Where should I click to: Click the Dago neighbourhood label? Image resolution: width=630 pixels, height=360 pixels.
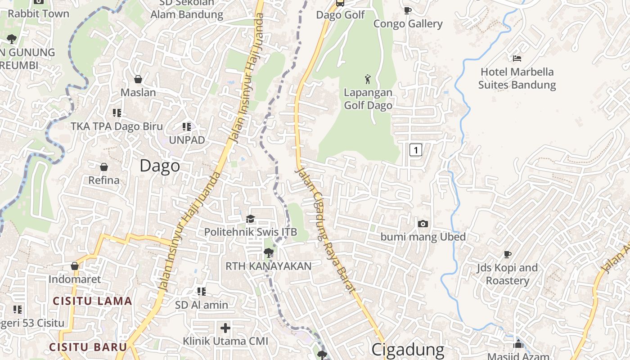pyautogui.click(x=160, y=166)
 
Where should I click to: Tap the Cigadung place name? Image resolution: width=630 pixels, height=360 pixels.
pyautogui.click(x=408, y=350)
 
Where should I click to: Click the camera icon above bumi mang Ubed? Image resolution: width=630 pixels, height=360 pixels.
pyautogui.click(x=423, y=224)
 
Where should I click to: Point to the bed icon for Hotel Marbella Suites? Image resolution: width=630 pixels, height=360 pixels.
pyautogui.click(x=517, y=58)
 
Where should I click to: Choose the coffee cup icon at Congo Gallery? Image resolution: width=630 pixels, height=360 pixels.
pyautogui.click(x=408, y=10)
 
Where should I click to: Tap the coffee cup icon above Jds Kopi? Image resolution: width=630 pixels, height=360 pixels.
pyautogui.click(x=508, y=255)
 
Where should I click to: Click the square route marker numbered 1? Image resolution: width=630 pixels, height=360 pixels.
pyautogui.click(x=416, y=150)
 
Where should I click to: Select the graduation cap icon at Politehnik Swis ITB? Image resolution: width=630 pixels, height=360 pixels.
pyautogui.click(x=250, y=219)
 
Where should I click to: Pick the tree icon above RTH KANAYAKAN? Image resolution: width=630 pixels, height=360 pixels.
pyautogui.click(x=268, y=253)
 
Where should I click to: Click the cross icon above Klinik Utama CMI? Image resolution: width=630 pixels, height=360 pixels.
pyautogui.click(x=225, y=328)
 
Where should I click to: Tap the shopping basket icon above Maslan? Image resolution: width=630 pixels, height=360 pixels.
pyautogui.click(x=138, y=79)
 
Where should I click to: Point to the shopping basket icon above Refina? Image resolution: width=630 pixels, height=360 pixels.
pyautogui.click(x=104, y=167)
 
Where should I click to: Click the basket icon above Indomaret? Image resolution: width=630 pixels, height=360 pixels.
pyautogui.click(x=75, y=266)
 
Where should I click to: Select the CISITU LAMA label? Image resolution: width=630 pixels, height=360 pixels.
pyautogui.click(x=93, y=301)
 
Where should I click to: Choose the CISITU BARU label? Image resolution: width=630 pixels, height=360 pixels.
pyautogui.click(x=88, y=347)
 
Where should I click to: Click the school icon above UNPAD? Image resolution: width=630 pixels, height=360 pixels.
pyautogui.click(x=187, y=127)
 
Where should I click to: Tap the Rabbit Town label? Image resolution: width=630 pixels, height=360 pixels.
pyautogui.click(x=39, y=13)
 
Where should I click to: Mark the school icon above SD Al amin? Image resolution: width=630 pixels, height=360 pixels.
pyautogui.click(x=202, y=292)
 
